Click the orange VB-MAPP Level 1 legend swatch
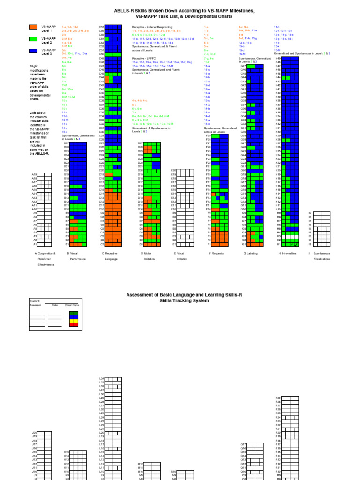pos(33,28)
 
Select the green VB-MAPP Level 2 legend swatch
pos(33,39)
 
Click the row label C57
pos(101,27)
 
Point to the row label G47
pos(243,66)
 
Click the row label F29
pos(209,136)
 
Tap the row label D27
pos(140,143)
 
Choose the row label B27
pos(67,143)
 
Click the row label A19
pos(34,174)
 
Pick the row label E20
pos(174,171)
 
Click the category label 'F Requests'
pos(218,254)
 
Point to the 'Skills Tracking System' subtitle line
pos(180,300)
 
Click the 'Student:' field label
pos(35,301)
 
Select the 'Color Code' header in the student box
pos(72,305)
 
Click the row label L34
pos(102,379)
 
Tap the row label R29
pos(278,398)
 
